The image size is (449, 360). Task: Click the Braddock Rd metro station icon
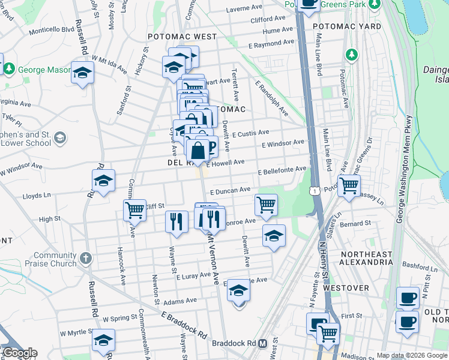(x=262, y=344)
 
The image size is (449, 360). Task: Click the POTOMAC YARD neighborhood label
(x=347, y=27)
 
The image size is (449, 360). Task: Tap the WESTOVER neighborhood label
(x=346, y=288)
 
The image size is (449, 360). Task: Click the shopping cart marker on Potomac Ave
(x=349, y=185)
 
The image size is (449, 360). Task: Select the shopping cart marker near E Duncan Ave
(x=266, y=204)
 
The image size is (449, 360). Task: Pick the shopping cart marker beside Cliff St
(x=134, y=210)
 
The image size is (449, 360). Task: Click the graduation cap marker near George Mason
(x=83, y=73)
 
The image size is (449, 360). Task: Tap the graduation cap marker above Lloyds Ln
(x=104, y=180)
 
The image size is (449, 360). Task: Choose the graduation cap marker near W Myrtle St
(x=103, y=340)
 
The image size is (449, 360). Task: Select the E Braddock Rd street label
(x=184, y=324)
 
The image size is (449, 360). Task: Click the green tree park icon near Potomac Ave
(x=351, y=55)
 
